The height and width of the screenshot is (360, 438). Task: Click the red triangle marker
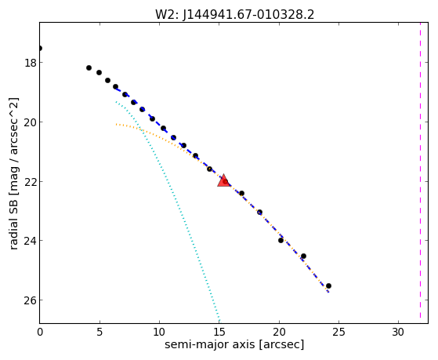(224, 180)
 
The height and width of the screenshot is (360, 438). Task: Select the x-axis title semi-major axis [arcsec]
(234, 344)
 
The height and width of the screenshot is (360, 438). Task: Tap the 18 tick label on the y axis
(31, 63)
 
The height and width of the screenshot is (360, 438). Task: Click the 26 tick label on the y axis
(31, 300)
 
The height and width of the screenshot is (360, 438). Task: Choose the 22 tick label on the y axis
(31, 181)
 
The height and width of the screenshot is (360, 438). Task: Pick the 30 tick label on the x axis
(398, 332)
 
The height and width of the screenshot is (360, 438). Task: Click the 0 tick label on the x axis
(40, 332)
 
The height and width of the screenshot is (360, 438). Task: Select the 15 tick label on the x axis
(219, 332)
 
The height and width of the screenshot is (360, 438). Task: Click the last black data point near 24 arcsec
(328, 285)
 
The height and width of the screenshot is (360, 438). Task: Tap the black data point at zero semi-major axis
(40, 49)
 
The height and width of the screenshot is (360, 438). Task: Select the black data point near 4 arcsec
(89, 67)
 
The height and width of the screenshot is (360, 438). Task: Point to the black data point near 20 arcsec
(281, 240)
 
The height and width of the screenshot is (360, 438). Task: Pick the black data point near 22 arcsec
(304, 256)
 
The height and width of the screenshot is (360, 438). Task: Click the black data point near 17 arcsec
(241, 193)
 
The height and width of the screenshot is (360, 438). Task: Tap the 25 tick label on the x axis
(338, 332)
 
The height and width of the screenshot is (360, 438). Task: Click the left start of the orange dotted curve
(116, 124)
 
